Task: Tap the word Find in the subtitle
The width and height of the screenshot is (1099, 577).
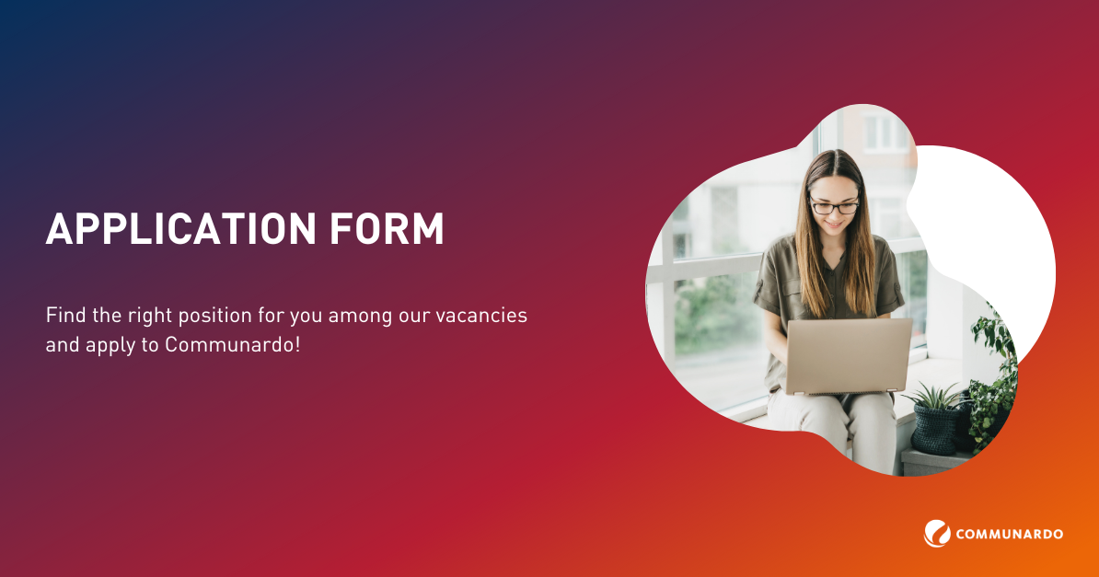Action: [65, 315]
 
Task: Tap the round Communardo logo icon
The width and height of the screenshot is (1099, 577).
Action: [937, 534]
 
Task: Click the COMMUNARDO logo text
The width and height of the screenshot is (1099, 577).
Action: [1009, 535]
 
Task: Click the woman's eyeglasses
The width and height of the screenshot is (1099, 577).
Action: [834, 206]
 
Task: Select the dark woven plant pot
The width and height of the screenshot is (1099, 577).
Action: [937, 428]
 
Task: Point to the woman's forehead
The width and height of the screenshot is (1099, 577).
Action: [834, 180]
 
